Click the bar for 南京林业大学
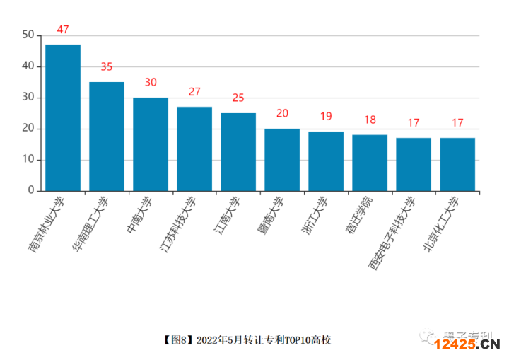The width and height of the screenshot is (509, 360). [x=63, y=117]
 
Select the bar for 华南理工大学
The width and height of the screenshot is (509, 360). [x=107, y=137]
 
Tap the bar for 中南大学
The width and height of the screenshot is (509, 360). [x=151, y=144]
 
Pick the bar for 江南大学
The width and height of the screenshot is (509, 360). [x=238, y=152]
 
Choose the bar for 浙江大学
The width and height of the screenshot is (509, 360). [x=326, y=161]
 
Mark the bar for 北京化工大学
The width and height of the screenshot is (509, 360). [x=457, y=164]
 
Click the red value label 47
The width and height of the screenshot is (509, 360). [x=63, y=30]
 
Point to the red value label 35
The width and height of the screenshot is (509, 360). [x=107, y=67]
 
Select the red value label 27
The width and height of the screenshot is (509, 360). [x=194, y=92]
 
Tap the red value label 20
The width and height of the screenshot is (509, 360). [x=282, y=114]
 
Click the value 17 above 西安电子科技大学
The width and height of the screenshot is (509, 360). [x=414, y=123]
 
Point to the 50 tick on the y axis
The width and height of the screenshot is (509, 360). [x=28, y=35]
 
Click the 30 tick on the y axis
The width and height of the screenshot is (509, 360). [x=28, y=98]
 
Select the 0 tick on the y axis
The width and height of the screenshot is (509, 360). [x=31, y=191]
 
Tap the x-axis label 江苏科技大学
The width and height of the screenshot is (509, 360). [x=177, y=226]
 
